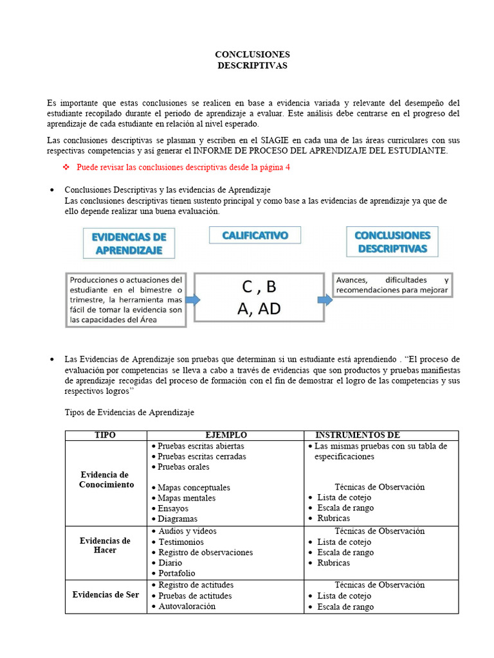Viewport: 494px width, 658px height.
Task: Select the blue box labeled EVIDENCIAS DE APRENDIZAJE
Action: [129, 244]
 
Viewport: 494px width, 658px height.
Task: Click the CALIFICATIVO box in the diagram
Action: [255, 236]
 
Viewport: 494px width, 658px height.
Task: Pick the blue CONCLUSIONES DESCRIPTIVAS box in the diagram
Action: [392, 242]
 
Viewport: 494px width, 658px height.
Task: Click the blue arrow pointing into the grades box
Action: [192, 299]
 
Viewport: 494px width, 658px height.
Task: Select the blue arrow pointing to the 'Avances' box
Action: [327, 299]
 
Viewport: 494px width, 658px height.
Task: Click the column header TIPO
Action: [105, 435]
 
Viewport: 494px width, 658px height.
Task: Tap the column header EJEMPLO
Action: [226, 435]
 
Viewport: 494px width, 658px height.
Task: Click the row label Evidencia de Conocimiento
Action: [106, 480]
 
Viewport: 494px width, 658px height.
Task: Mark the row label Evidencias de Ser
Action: [105, 595]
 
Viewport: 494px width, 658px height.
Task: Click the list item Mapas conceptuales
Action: [194, 488]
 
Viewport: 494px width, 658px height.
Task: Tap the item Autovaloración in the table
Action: [187, 606]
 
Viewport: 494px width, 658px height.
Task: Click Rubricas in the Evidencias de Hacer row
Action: [333, 563]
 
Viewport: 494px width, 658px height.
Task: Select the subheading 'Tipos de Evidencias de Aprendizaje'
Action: [129, 412]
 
